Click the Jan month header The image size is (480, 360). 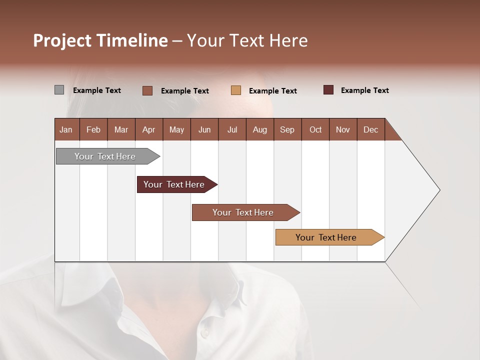click(x=66, y=129)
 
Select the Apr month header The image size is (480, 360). click(x=148, y=129)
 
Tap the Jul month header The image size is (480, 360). click(x=232, y=129)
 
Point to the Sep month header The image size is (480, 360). click(x=287, y=129)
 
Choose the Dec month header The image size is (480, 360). click(x=370, y=129)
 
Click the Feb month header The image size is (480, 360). click(x=93, y=129)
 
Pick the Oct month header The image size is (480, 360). click(x=315, y=129)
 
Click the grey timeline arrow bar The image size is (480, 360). click(x=105, y=156)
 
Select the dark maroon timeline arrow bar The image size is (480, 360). click(x=174, y=184)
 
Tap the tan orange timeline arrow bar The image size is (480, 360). click(x=326, y=237)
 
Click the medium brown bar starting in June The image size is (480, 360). click(x=243, y=212)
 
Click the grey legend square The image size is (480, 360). click(x=59, y=90)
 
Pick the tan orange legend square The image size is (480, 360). click(x=236, y=90)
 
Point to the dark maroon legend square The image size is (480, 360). click(x=328, y=90)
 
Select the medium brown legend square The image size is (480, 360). click(x=147, y=90)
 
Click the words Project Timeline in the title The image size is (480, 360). click(x=100, y=40)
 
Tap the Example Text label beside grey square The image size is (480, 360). click(x=97, y=90)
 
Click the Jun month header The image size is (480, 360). click(x=204, y=129)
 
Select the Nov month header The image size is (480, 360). click(x=343, y=129)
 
